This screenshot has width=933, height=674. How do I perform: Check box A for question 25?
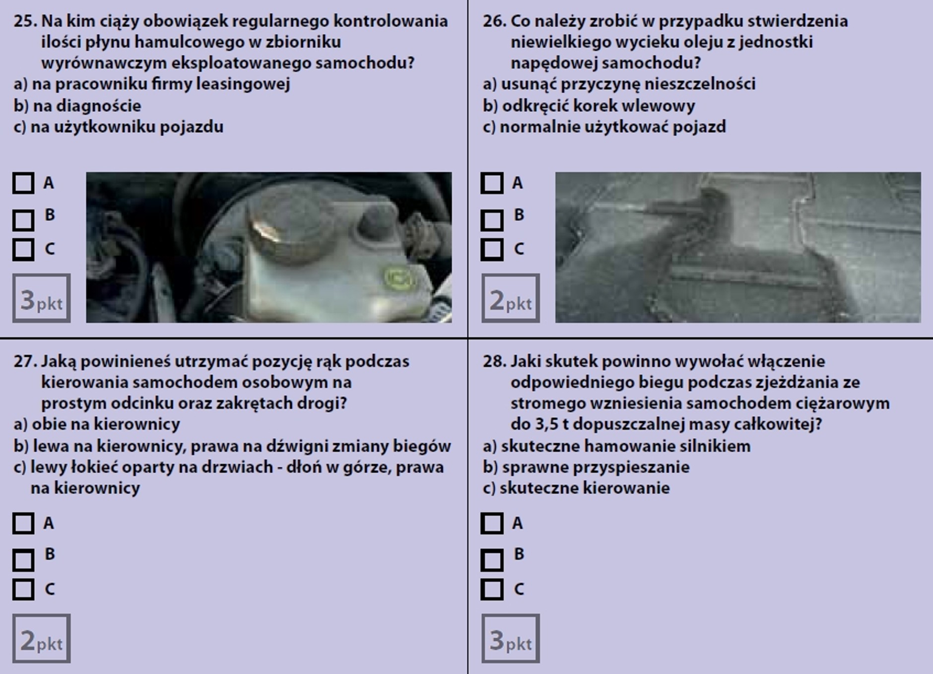click(23, 183)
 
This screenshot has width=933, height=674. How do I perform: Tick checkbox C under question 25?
click(23, 249)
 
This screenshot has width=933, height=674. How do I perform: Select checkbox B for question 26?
click(492, 220)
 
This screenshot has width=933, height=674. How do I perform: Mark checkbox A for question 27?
click(23, 523)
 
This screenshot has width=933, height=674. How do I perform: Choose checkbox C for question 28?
click(492, 590)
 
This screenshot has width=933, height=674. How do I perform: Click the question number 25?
click(25, 21)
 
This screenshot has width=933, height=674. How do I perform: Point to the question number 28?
click(494, 361)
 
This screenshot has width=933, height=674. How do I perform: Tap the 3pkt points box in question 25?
click(41, 298)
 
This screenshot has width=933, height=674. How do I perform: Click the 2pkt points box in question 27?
click(41, 638)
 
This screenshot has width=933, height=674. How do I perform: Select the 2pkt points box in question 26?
click(510, 298)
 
